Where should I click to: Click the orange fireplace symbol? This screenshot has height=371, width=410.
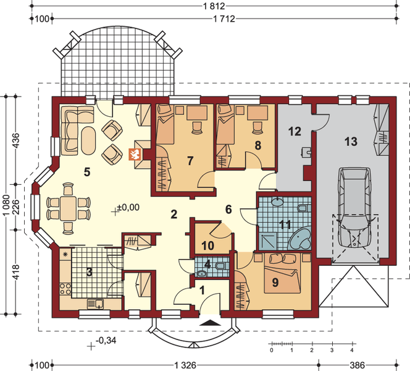[135, 155]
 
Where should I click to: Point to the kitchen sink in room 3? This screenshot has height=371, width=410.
[95, 304]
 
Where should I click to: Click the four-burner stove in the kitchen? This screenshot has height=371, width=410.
[65, 289]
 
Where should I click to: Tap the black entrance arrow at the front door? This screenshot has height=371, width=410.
[210, 323]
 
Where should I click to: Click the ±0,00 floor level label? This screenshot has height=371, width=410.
[128, 207]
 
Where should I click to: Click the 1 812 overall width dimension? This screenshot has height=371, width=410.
[214, 6]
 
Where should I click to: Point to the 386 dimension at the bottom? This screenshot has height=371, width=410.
[358, 365]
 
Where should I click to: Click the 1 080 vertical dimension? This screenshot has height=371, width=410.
[6, 205]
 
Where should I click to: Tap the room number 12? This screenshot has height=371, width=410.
[295, 131]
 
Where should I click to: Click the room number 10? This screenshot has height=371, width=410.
[208, 245]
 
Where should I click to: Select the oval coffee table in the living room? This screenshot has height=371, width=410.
[88, 141]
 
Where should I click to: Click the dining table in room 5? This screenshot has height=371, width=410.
[68, 208]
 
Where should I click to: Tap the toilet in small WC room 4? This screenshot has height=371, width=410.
[221, 266]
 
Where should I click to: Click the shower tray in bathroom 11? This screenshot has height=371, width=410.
[267, 241]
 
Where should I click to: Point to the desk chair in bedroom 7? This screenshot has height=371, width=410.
[196, 128]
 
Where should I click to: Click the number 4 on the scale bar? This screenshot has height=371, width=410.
[352, 350]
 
